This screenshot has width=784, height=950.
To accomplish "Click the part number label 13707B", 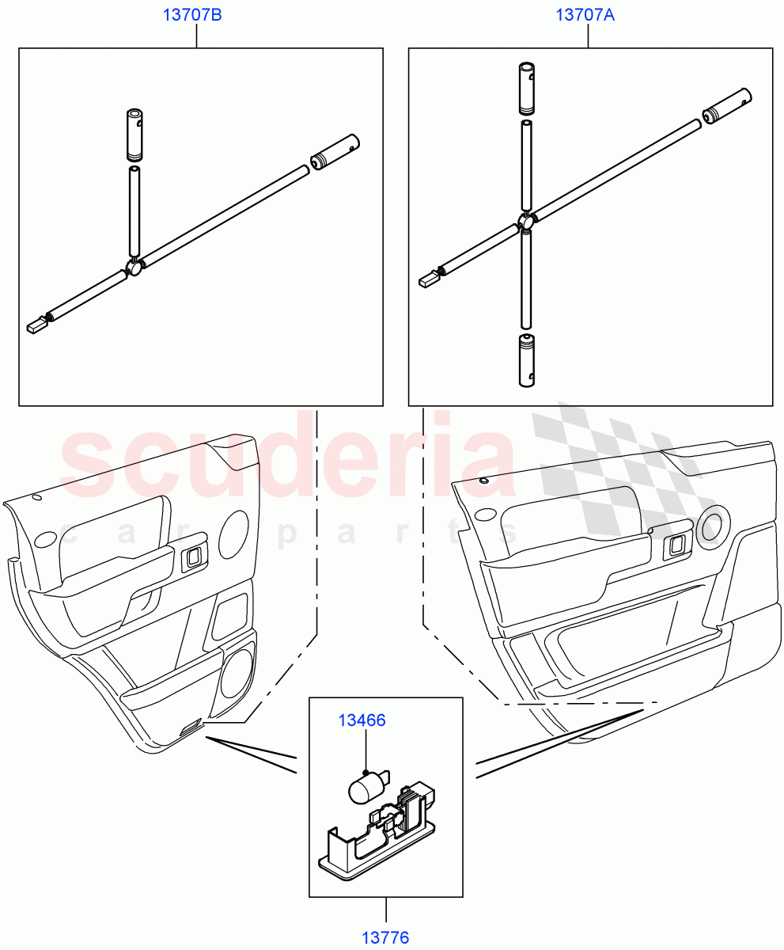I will [x=192, y=16].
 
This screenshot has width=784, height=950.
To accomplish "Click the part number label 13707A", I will [x=585, y=16].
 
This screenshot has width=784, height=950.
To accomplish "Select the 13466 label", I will [x=362, y=720].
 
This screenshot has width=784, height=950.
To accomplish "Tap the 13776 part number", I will [x=385, y=938].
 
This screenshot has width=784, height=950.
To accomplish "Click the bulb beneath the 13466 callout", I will [x=366, y=789].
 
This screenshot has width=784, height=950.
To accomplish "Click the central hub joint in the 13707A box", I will [x=526, y=222].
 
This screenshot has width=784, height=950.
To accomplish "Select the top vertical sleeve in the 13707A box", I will [x=527, y=88].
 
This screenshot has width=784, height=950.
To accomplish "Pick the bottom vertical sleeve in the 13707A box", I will [x=527, y=360].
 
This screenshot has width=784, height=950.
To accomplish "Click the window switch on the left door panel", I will [x=192, y=559].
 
